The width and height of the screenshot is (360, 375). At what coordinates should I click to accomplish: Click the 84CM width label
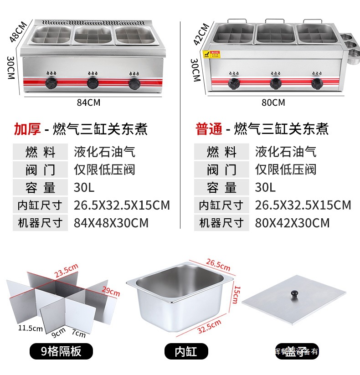88,103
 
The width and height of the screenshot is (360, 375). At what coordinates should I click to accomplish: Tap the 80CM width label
273,103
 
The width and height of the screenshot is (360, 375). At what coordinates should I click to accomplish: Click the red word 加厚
27,129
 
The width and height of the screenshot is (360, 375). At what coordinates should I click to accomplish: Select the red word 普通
208,129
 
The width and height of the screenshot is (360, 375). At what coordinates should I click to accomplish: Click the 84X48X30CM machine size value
111,223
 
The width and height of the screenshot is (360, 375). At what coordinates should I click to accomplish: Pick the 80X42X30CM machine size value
292,223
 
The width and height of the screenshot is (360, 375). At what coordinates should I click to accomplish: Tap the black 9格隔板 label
61,351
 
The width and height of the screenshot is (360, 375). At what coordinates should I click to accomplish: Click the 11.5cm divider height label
30,328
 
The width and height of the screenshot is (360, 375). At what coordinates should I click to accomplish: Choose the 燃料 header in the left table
40,152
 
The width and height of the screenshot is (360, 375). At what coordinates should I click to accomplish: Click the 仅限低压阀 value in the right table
286,170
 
